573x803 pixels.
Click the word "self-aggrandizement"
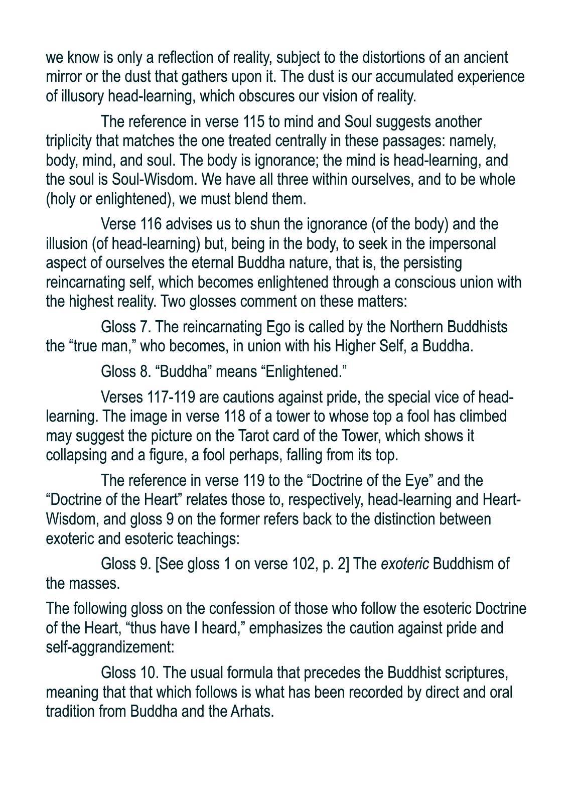[x=110, y=647]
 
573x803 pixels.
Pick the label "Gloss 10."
[x=129, y=673]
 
